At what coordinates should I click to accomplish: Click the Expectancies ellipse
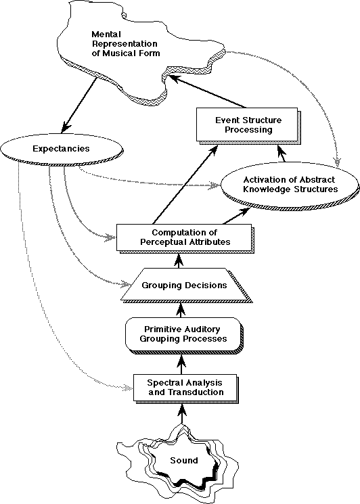(62, 149)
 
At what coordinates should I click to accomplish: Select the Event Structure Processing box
(248, 125)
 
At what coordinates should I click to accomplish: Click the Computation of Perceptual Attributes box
(185, 238)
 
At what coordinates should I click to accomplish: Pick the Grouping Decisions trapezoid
(185, 285)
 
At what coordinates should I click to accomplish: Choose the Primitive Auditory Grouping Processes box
(183, 335)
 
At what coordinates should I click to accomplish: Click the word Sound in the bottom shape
(184, 460)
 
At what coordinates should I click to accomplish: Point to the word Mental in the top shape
(106, 34)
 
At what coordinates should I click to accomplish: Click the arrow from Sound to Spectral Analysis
(182, 414)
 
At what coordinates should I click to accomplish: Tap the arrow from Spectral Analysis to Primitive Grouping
(182, 364)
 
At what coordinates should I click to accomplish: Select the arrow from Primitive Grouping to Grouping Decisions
(181, 310)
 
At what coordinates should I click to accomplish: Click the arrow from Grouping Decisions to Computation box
(179, 260)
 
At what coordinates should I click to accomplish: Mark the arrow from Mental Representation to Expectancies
(79, 105)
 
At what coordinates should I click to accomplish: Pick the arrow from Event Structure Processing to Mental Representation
(208, 91)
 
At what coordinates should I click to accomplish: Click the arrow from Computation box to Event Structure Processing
(185, 185)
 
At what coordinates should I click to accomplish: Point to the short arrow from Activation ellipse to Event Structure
(282, 153)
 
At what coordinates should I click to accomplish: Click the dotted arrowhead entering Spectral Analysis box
(128, 387)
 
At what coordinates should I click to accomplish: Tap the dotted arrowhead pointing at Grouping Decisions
(125, 284)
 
